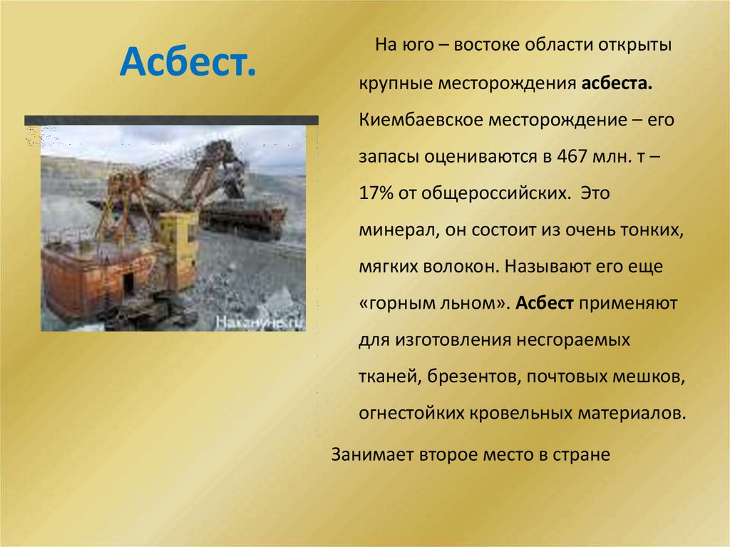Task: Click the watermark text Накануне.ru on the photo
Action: pos(260,322)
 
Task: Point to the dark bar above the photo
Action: pos(171,120)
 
